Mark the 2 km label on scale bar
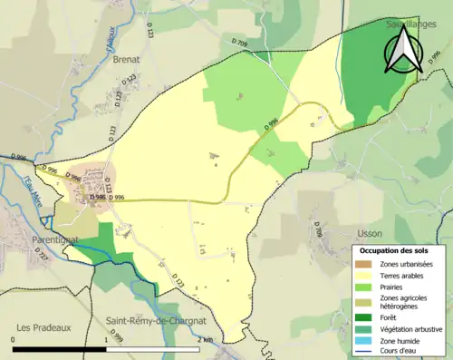pos(207,339)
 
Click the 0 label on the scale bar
pos(14,339)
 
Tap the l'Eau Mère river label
pos(36,193)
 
